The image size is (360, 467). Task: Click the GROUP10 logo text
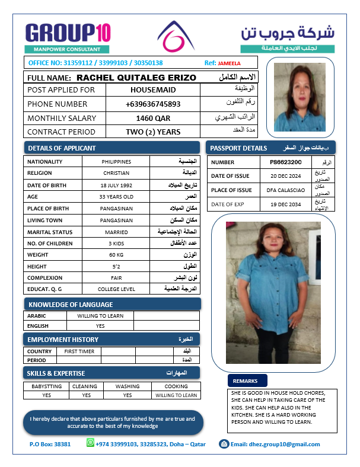tap(67, 33)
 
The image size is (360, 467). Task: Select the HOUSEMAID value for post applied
tap(153, 89)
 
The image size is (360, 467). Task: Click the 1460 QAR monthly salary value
tap(153, 118)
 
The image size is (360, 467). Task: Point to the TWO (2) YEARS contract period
tap(153, 132)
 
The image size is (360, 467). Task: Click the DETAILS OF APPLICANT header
tap(62, 148)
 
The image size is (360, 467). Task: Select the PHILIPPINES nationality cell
tap(116, 162)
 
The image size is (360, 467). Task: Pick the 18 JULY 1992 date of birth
tap(116, 185)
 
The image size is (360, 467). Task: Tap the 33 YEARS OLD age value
tap(116, 197)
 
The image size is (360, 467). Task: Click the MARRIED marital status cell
tap(116, 232)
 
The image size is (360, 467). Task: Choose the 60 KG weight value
tap(116, 255)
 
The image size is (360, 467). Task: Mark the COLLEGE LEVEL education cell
tap(116, 289)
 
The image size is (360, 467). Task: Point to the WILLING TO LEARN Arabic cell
tap(100, 316)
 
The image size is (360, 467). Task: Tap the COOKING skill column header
tap(176, 386)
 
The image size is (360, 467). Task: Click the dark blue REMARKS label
tap(246, 381)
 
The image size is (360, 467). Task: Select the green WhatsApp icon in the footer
tap(90, 443)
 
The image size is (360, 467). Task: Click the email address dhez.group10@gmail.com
tap(275, 444)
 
